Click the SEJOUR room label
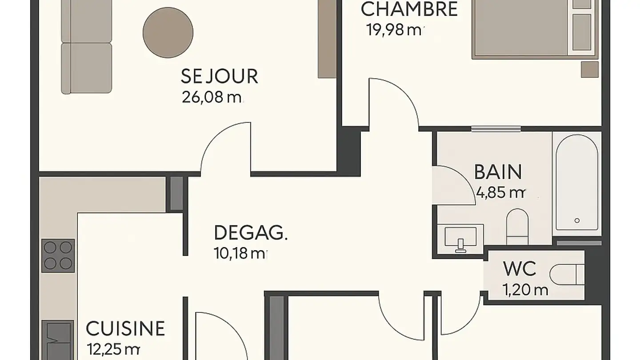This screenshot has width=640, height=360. pos(219,76)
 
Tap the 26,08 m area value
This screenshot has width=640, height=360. pos(212,97)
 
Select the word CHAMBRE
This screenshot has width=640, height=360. pos(409,9)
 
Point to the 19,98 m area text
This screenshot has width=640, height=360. pos(394,30)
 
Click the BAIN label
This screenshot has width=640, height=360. pos(498,172)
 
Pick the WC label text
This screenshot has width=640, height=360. pos(520,269)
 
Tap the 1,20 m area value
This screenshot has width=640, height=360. pos(525,290)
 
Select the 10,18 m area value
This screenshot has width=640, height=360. pos(240,254)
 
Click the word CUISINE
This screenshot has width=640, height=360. pos(125,329)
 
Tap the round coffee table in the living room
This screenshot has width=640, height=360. pos(168,32)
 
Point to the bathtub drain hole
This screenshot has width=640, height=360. pos(577,220)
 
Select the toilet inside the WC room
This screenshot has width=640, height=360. pos(566,274)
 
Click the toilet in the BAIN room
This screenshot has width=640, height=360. pos(517,226)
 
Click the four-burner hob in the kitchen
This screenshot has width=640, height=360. pos(58,256)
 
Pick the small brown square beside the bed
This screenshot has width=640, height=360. pos(590,69)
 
